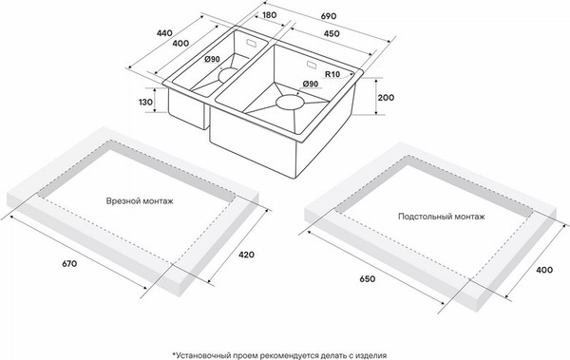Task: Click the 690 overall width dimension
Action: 329,16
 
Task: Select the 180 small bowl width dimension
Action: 269,15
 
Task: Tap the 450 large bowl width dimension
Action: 332,33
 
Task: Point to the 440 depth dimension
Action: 164,33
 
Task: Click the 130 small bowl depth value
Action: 145,103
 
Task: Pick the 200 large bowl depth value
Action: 386,98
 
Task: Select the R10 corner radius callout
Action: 332,74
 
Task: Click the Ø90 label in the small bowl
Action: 212,59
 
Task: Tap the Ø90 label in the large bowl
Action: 310,84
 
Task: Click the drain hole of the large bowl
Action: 290,102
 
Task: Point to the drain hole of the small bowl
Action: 228,74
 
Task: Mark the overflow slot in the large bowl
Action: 312,65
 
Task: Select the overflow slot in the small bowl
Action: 252,43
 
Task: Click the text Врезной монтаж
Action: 140,201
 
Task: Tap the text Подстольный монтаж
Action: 442,217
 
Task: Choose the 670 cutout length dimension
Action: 69,264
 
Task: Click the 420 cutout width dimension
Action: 246,255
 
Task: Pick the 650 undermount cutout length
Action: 367,279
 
